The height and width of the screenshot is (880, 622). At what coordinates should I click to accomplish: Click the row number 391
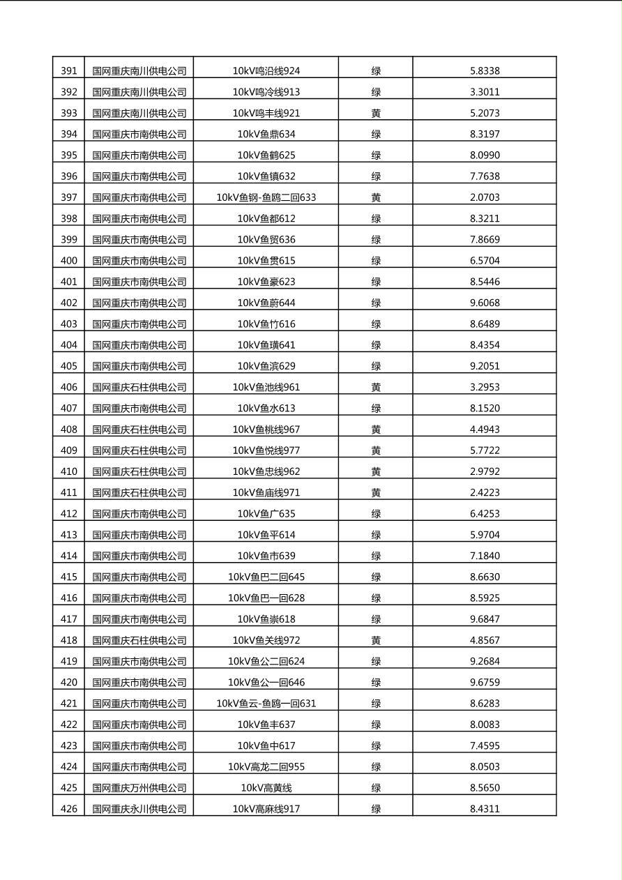tap(69, 70)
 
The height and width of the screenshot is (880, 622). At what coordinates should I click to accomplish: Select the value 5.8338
tap(485, 70)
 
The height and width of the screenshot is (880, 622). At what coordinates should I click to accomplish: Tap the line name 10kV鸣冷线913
tap(266, 91)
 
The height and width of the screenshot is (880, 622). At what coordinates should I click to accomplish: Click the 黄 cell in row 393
tap(376, 113)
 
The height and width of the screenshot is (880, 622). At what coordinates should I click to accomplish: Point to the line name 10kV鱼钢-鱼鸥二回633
tap(266, 197)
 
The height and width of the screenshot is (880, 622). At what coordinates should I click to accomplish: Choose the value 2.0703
tap(485, 197)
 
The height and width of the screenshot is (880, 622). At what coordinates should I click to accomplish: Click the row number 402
tap(69, 303)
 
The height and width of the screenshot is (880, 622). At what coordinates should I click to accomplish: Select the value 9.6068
tap(485, 303)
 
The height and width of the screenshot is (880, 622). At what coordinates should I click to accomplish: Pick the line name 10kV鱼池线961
tap(266, 387)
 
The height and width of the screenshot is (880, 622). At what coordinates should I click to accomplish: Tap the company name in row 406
tap(139, 387)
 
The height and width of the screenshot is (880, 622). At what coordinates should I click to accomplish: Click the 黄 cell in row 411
tap(376, 492)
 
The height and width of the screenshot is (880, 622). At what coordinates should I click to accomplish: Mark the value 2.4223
tap(485, 492)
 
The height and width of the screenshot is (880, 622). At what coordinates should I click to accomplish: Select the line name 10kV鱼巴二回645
tap(266, 577)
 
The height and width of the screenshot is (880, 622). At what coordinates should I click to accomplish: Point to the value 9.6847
tap(485, 619)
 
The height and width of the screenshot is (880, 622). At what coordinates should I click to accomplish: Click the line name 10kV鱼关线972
tap(266, 640)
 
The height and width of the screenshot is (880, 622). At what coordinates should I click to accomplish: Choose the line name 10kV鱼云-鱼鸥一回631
tap(266, 704)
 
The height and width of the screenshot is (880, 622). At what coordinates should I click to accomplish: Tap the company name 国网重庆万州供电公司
tap(139, 788)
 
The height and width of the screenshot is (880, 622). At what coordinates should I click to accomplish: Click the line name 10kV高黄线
tap(266, 788)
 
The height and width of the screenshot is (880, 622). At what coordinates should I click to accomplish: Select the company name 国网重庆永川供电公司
tap(139, 809)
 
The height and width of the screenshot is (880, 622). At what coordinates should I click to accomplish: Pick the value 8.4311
tap(485, 809)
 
